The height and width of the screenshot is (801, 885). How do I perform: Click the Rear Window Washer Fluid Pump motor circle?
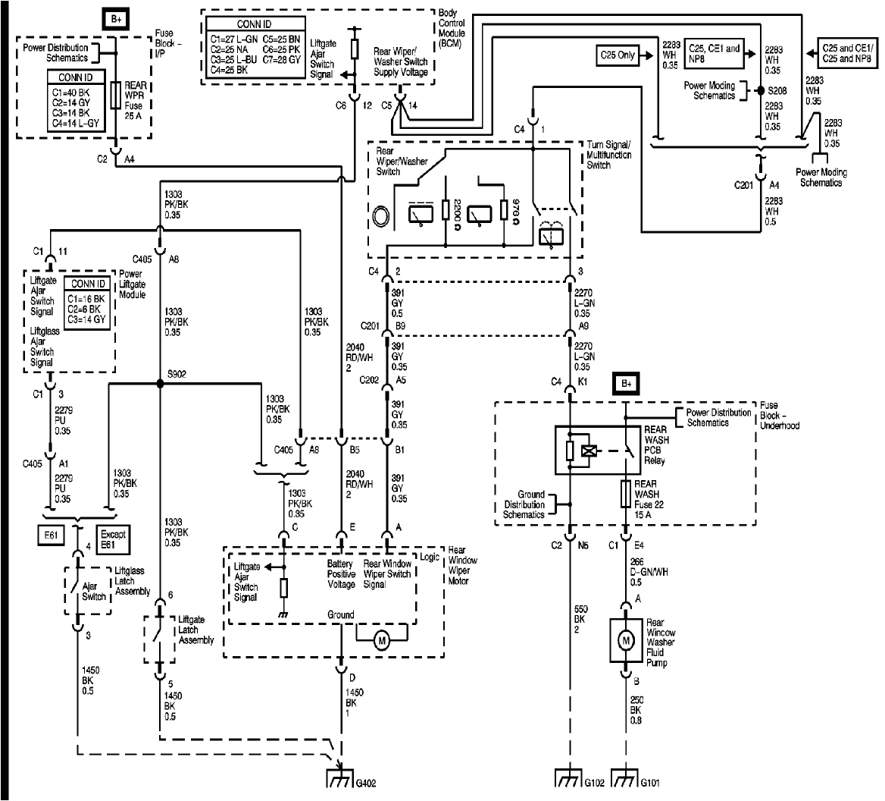(626, 642)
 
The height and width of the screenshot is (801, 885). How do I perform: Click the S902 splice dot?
(160, 384)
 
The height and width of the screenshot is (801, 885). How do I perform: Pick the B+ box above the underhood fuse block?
(627, 385)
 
